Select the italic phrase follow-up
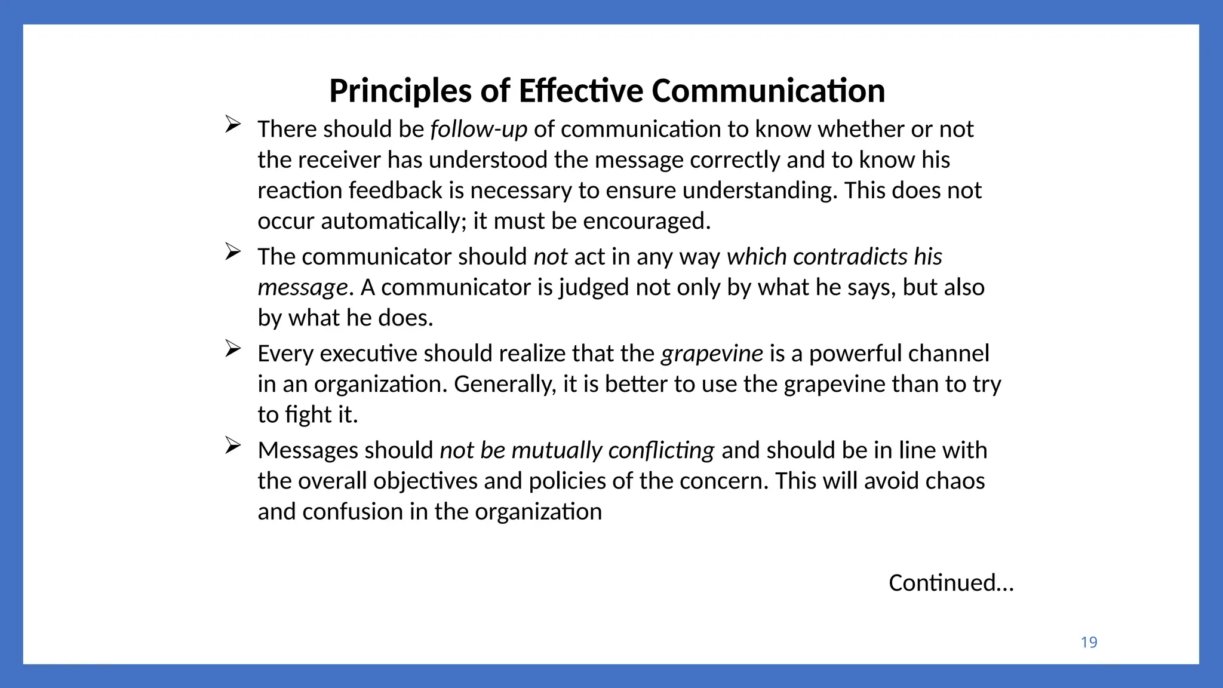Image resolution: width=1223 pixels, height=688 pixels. coord(478,130)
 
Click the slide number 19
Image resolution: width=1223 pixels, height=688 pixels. coord(1089,643)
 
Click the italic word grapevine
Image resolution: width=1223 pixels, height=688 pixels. coord(711,354)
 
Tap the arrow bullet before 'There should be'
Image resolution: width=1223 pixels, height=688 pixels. coord(233,124)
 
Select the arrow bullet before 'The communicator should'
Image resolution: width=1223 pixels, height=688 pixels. coord(233,252)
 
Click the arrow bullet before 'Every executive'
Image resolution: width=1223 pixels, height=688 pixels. coord(233,349)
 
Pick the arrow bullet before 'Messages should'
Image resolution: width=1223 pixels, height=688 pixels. coord(233,446)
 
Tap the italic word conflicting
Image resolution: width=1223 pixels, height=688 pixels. coord(661,450)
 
